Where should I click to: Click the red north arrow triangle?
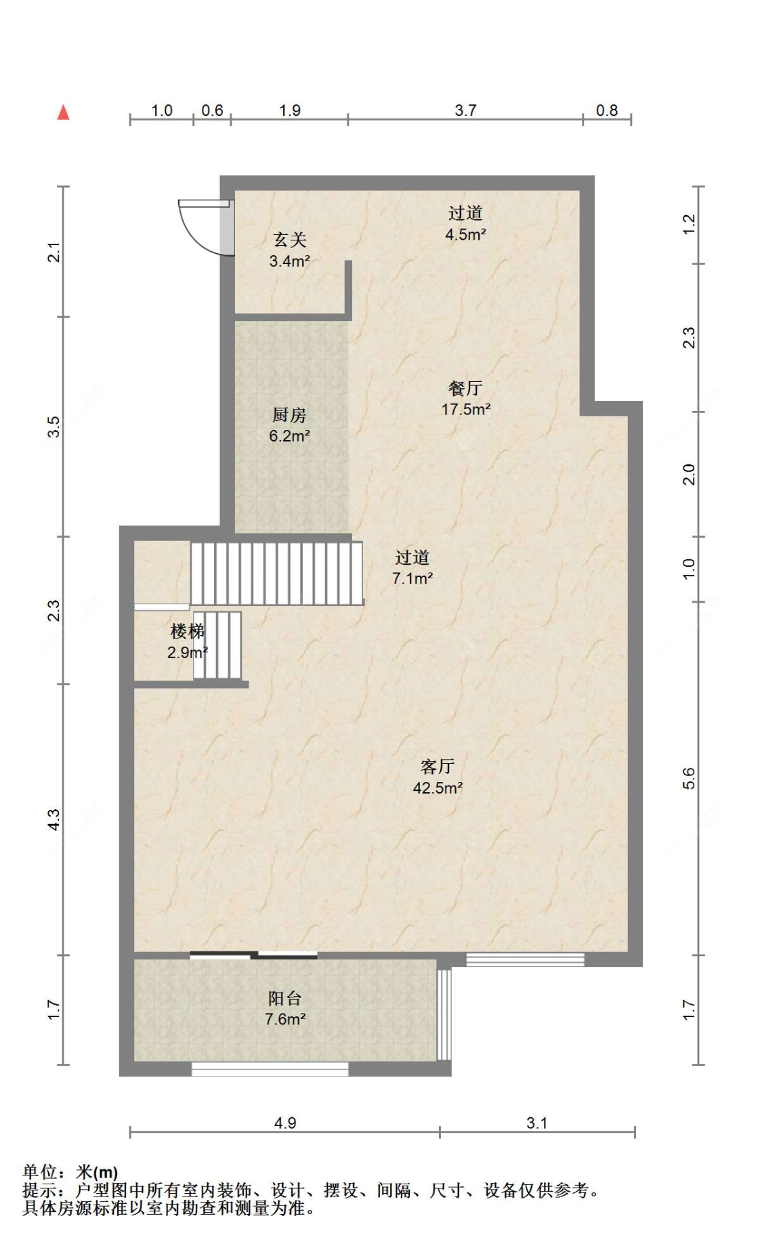tap(63, 112)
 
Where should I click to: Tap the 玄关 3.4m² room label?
tap(289, 250)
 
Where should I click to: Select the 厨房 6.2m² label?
tap(289, 425)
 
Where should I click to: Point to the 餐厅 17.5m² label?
tap(465, 399)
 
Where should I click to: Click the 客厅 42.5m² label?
tap(438, 777)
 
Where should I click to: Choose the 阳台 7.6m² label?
tap(284, 1008)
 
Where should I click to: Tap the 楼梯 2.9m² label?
tap(187, 642)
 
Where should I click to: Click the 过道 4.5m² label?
tap(465, 223)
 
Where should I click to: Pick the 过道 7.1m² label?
tap(412, 567)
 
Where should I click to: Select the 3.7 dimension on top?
tap(465, 110)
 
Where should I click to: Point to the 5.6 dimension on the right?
tap(689, 779)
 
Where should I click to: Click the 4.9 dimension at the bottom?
tap(285, 1123)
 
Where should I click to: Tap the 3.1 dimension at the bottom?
tap(537, 1123)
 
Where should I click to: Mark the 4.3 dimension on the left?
tap(54, 819)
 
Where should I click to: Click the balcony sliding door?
tap(253, 955)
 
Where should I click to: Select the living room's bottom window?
tap(525, 959)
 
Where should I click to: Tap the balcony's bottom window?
tap(270, 1069)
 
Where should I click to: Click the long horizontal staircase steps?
tap(276, 573)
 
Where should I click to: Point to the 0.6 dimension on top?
tap(212, 110)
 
